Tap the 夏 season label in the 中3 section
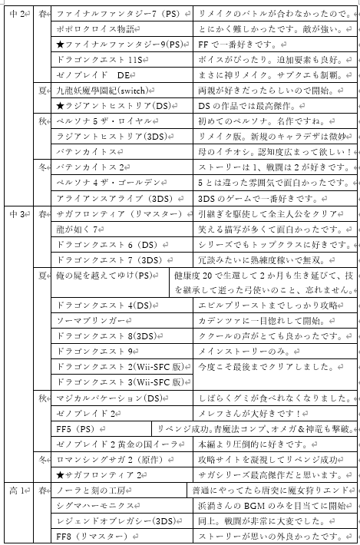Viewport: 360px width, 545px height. [x=43, y=274]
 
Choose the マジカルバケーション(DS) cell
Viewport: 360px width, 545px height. [x=107, y=398]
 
